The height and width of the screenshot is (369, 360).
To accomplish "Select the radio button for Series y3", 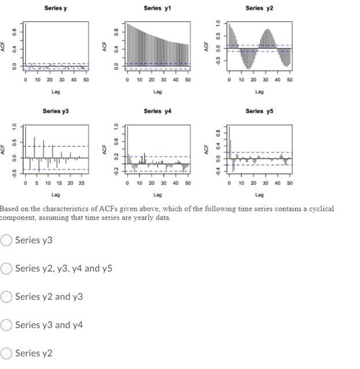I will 6,240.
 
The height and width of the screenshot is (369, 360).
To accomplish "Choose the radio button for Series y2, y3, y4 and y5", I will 6,269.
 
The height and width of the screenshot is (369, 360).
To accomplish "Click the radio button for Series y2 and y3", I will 6,297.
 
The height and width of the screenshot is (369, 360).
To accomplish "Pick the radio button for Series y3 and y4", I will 6,325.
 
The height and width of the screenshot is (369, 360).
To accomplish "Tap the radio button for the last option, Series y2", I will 6,353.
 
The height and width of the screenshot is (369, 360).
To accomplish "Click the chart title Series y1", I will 157,8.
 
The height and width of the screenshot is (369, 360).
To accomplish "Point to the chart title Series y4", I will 157,111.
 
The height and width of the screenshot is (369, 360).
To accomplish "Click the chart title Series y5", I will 259,111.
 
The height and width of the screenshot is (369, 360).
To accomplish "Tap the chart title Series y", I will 55,8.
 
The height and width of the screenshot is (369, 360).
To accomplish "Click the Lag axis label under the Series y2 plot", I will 259,91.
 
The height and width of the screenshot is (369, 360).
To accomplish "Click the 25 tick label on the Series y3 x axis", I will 81,183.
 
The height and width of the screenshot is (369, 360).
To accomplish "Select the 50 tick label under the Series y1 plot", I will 187,80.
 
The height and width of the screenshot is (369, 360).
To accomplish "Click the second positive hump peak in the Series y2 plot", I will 266,30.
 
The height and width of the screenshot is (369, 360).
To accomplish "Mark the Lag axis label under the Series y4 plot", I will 157,195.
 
